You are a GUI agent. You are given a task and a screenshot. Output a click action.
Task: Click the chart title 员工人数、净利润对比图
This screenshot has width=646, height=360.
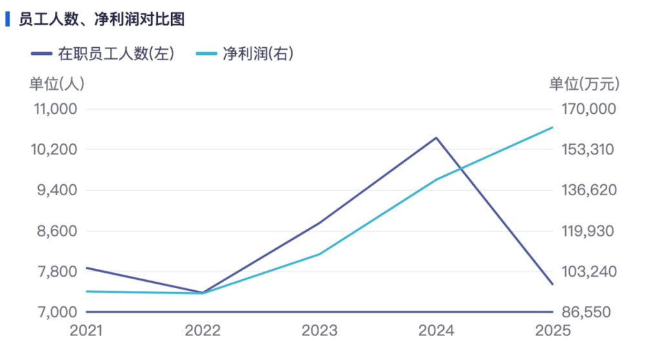(102, 19)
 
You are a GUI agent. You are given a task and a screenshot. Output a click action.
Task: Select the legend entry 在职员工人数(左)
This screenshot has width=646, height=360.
(103, 54)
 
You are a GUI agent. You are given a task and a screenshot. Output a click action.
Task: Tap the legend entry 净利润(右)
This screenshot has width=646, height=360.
(245, 54)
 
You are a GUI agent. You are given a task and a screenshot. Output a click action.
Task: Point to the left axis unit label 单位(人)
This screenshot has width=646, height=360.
(57, 84)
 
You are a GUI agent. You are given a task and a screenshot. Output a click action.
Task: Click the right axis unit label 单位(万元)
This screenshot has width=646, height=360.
(584, 84)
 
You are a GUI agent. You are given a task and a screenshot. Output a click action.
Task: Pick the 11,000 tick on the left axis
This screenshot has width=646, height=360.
(56, 109)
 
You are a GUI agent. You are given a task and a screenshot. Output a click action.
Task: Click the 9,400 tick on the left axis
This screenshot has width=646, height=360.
(57, 190)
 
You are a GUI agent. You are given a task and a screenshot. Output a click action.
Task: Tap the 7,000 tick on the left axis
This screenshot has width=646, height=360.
(57, 312)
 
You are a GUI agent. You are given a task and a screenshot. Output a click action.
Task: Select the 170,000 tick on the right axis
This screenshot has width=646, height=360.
(589, 109)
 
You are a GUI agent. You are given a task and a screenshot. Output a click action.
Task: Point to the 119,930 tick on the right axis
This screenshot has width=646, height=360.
(588, 231)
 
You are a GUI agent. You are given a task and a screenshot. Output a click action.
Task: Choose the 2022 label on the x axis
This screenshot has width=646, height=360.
(203, 330)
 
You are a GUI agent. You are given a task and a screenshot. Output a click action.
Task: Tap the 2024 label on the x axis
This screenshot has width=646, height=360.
(436, 330)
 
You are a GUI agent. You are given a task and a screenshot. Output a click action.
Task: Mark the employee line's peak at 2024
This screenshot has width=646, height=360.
(436, 138)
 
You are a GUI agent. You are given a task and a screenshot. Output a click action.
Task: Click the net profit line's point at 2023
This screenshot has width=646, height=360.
(319, 254)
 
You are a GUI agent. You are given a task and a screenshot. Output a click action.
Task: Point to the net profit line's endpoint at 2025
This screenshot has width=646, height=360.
(552, 127)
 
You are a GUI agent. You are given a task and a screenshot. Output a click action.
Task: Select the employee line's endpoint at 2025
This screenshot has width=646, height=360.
(552, 284)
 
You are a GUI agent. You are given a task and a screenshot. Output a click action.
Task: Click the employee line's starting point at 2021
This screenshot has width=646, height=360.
(87, 268)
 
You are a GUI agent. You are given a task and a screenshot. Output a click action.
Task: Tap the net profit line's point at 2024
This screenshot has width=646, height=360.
(436, 180)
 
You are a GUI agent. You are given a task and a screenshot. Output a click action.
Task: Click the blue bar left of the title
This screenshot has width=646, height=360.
(7, 19)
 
